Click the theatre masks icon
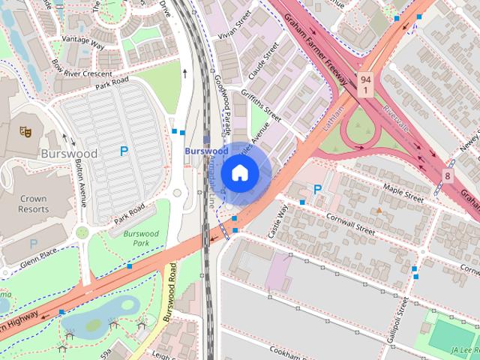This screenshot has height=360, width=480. tap(25, 132)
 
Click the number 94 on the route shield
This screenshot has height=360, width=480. tap(365, 79)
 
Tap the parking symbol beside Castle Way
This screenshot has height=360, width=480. tap(317, 190)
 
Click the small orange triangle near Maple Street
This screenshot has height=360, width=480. tap(379, 211)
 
